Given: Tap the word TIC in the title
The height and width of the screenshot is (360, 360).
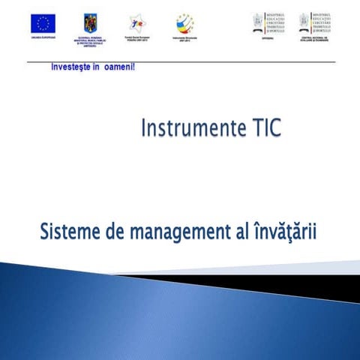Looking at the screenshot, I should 263,129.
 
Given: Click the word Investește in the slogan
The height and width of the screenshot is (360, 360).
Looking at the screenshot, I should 70,67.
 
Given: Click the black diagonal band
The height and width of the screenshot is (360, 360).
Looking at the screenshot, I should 300,285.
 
